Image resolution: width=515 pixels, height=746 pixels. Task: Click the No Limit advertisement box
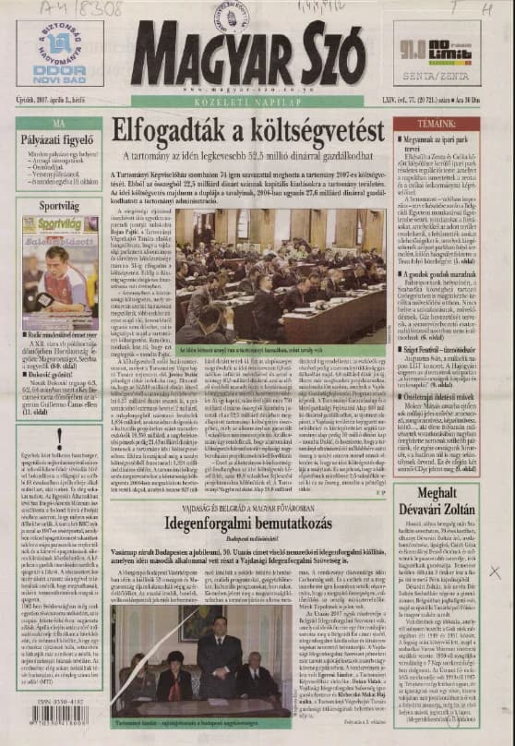[437, 53]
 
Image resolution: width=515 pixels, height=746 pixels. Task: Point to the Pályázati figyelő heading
[59, 139]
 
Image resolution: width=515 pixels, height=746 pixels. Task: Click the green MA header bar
[59, 123]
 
